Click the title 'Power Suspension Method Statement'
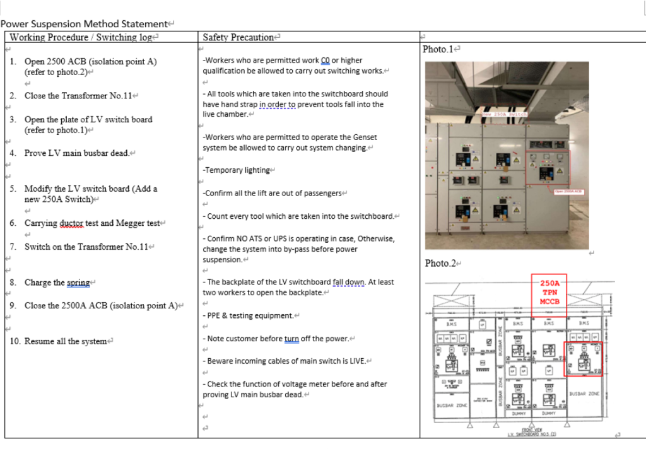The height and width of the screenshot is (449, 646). pyautogui.click(x=84, y=24)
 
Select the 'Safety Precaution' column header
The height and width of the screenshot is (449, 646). pyautogui.click(x=238, y=37)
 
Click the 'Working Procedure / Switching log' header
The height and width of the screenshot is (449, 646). pyautogui.click(x=81, y=37)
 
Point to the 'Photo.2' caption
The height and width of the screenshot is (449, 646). pyautogui.click(x=440, y=263)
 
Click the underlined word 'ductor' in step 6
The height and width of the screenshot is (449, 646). pyautogui.click(x=72, y=223)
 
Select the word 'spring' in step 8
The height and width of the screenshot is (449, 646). pyautogui.click(x=78, y=283)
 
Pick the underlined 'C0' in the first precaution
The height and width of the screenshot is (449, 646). pyautogui.click(x=326, y=61)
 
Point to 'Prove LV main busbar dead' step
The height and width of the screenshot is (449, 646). pyautogui.click(x=76, y=153)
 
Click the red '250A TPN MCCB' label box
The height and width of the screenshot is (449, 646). pyautogui.click(x=549, y=292)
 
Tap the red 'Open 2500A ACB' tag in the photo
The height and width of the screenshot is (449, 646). pyautogui.click(x=568, y=191)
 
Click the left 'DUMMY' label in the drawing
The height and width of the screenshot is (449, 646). pyautogui.click(x=519, y=414)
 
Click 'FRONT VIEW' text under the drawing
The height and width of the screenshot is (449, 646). pyautogui.click(x=528, y=429)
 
